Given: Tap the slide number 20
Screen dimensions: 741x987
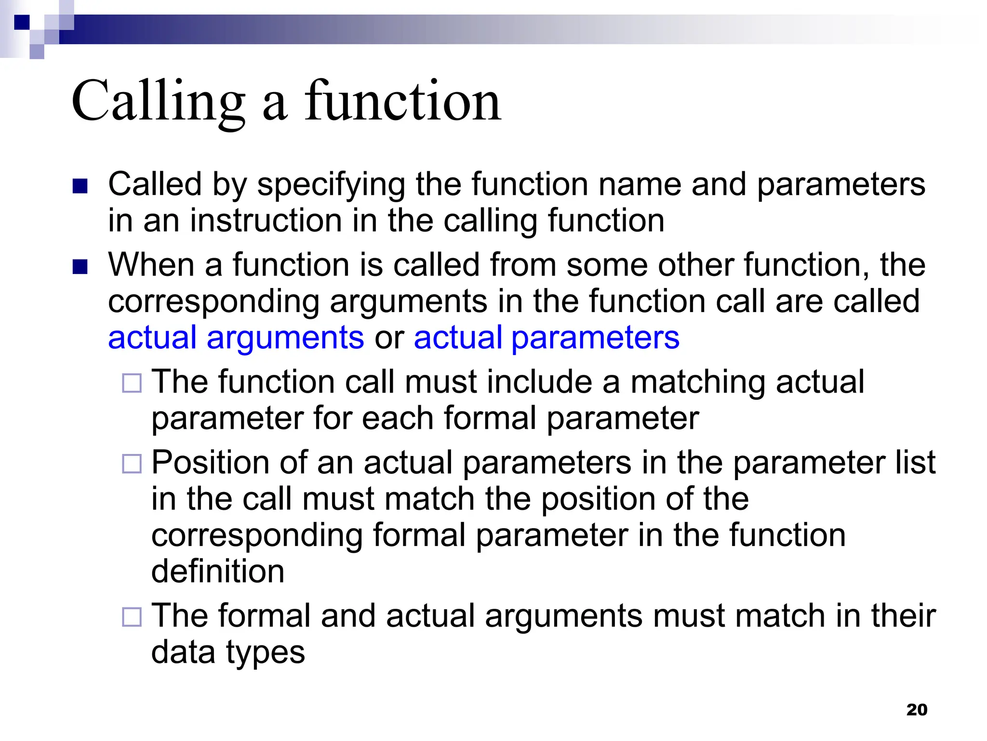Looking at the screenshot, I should pos(917,710).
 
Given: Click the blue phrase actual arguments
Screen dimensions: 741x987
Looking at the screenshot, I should pos(236,337).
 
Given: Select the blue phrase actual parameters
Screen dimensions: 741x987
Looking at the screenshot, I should pos(547,337).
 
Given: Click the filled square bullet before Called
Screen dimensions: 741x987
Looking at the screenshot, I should pos(80,186).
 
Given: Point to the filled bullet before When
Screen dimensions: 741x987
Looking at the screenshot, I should pos(80,267).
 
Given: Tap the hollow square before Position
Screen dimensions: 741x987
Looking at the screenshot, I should pos(132,464).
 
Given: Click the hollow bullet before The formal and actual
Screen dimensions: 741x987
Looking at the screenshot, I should pos(132,617).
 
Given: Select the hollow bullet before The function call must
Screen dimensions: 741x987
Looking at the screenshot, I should pos(132,384).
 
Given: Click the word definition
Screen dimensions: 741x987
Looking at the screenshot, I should pos(218,571).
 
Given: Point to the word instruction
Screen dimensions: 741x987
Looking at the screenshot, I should pos(266,220).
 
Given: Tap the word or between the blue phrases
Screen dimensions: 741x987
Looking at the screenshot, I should pos(389,337).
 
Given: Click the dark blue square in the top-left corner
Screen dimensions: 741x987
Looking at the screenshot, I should pos(22,22).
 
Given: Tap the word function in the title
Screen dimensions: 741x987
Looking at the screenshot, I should pos(403,102).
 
